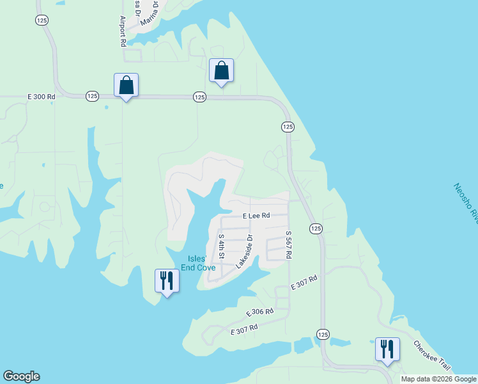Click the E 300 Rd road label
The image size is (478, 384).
[x=42, y=97]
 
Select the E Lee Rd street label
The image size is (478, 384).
[x=256, y=216]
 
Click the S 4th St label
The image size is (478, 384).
[x=221, y=246]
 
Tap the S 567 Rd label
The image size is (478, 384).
[x=289, y=244]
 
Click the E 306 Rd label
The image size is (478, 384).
[x=260, y=312]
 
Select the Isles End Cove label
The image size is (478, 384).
[x=198, y=263]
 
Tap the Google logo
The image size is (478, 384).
[x=21, y=376]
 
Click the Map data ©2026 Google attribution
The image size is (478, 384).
[x=438, y=379]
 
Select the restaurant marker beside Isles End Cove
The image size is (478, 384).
[x=167, y=281]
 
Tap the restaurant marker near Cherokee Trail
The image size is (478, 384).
[x=387, y=349]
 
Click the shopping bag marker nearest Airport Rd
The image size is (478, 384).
[x=127, y=85]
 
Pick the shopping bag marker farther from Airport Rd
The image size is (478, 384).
[x=221, y=70]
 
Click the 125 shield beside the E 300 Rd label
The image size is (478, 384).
[x=92, y=96]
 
